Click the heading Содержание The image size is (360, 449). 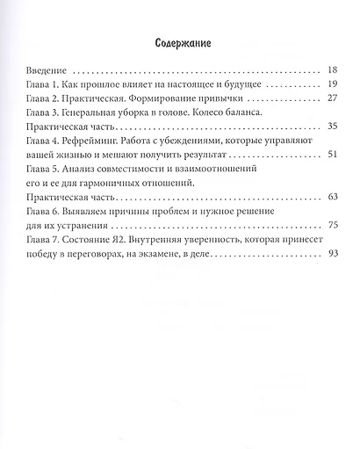pyautogui.click(x=180, y=42)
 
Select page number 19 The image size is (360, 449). pyautogui.click(x=331, y=86)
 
